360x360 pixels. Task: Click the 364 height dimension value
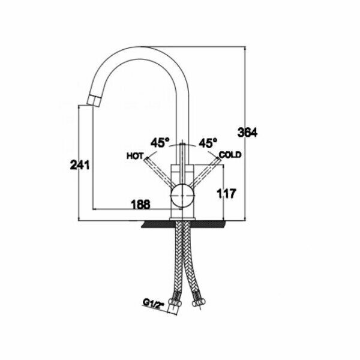[247, 133]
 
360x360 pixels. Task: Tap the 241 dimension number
[79, 165]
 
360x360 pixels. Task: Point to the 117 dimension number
[229, 193]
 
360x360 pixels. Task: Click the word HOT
[134, 155]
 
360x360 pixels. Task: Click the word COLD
[230, 155]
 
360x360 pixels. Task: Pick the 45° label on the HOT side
[160, 143]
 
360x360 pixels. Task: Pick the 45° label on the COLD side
[207, 143]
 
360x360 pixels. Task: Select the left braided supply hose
[176, 264]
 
